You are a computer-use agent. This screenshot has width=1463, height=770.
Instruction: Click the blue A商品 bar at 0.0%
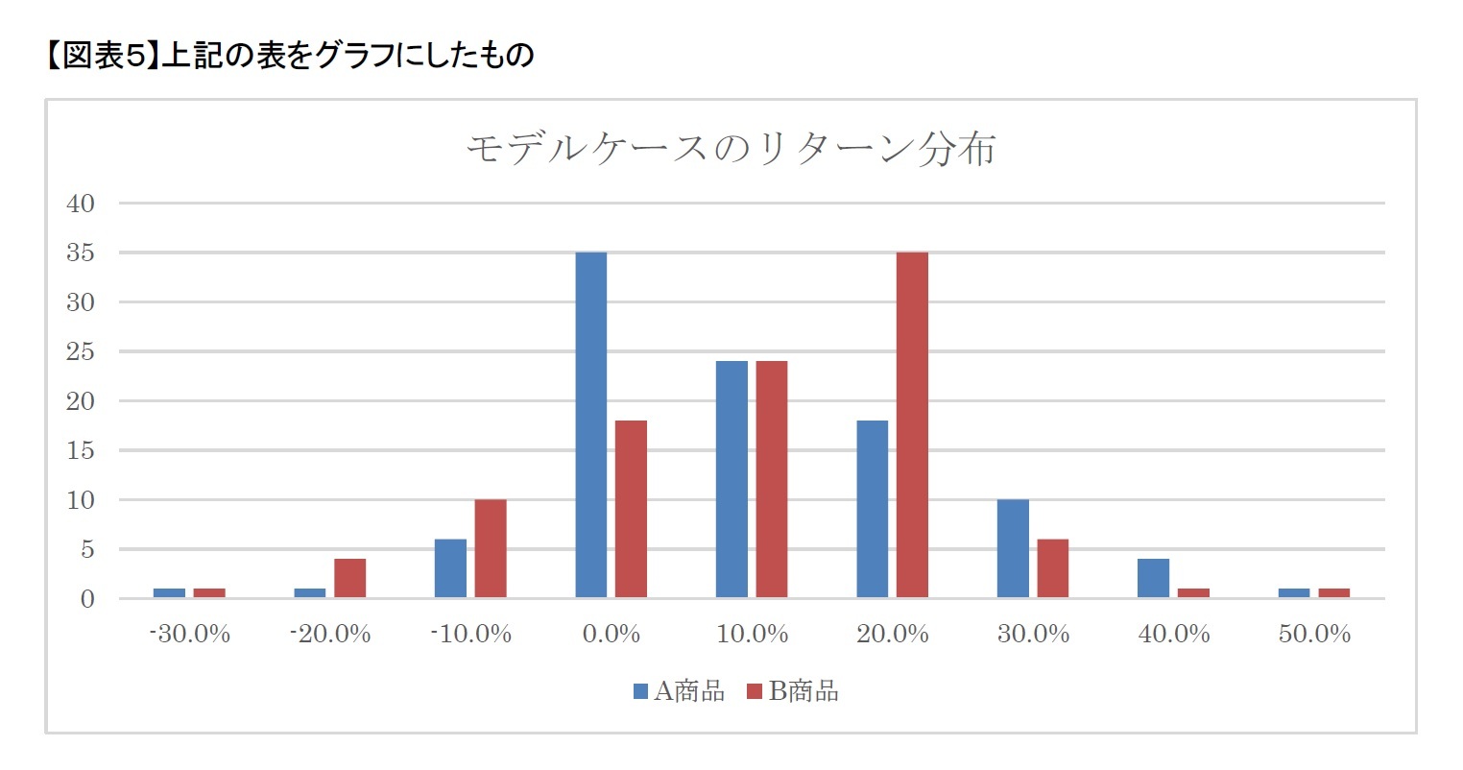(x=590, y=424)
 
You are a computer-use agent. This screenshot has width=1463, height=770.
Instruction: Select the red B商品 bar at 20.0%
(x=912, y=424)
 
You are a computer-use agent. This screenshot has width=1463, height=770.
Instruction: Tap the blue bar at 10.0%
(x=731, y=479)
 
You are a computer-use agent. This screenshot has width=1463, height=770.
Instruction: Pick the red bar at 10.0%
(x=772, y=479)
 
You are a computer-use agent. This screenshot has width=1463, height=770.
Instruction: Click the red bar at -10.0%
(x=491, y=548)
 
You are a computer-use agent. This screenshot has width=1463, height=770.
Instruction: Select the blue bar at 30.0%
(x=1013, y=548)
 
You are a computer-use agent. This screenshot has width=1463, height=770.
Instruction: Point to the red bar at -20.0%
(x=349, y=578)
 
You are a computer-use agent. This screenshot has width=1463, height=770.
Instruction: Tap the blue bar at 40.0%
(x=1153, y=578)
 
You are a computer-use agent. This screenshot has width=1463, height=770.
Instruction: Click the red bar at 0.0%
(x=631, y=509)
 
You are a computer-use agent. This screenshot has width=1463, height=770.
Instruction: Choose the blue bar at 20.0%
(x=872, y=509)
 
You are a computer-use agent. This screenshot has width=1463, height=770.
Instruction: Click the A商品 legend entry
(x=679, y=691)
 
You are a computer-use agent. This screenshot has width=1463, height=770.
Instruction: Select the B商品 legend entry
(x=793, y=691)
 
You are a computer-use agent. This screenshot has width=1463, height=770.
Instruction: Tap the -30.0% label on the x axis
(x=190, y=635)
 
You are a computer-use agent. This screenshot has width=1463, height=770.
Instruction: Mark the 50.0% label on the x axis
(x=1314, y=635)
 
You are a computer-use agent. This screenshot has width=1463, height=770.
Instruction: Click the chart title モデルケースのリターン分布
(x=731, y=150)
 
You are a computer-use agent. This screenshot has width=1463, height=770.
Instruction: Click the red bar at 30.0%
(x=1052, y=568)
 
